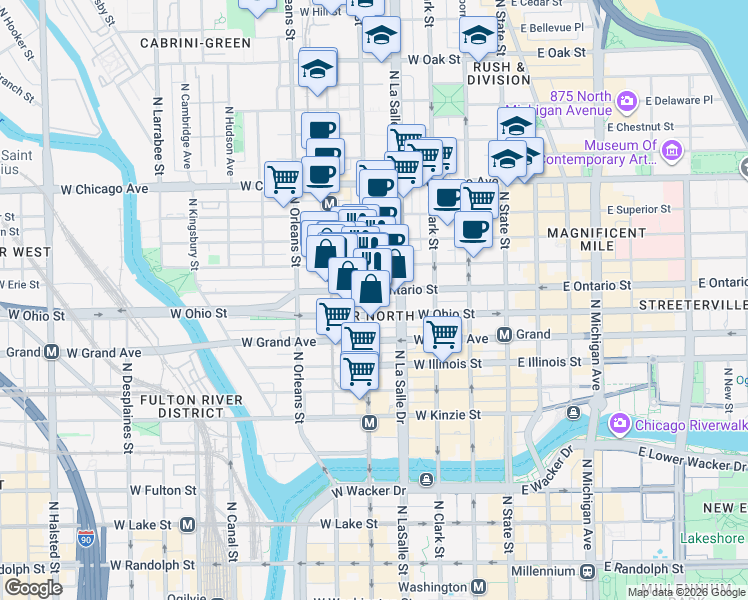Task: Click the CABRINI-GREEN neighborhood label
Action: (x=195, y=43)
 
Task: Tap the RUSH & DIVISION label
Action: (x=497, y=72)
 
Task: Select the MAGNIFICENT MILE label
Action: (x=597, y=240)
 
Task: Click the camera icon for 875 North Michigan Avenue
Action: (x=627, y=101)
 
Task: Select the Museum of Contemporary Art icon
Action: (x=671, y=151)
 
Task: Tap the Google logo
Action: (x=33, y=588)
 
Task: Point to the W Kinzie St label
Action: (x=448, y=414)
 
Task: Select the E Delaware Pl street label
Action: (x=679, y=100)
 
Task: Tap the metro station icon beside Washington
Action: (x=478, y=586)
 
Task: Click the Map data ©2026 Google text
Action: (x=686, y=592)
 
